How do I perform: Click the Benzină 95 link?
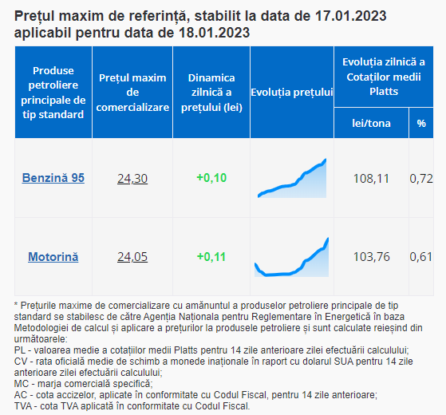[53, 178]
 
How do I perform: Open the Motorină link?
[53, 257]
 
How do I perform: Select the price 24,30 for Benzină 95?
[132, 178]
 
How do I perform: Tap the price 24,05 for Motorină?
[132, 257]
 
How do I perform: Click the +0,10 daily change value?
[211, 178]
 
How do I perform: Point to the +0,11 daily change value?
[211, 257]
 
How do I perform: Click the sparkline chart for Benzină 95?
[292, 178]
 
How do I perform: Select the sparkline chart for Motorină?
[291, 257]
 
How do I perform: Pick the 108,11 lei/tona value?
[371, 179]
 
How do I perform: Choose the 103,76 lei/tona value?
[371, 257]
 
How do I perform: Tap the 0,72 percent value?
[421, 179]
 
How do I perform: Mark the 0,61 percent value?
[421, 257]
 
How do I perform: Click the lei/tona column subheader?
[371, 123]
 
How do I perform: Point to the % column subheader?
[421, 123]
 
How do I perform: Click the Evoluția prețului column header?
[292, 92]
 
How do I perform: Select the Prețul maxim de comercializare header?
[132, 93]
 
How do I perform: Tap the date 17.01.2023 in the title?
[350, 16]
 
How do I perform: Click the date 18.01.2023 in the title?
[214, 33]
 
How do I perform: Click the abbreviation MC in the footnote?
[22, 384]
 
